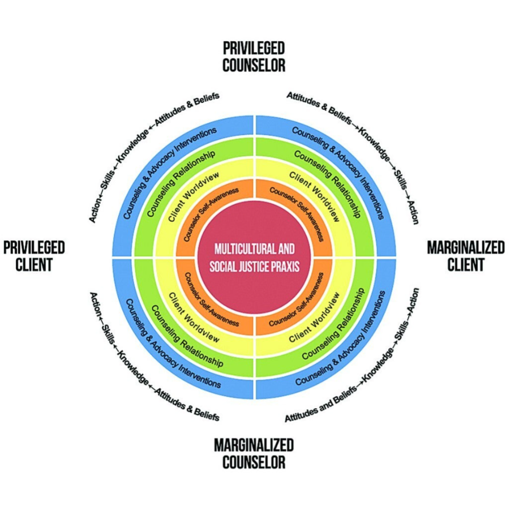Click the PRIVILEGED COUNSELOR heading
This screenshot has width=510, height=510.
pos(254,57)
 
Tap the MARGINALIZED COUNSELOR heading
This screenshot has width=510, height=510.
pos(254,453)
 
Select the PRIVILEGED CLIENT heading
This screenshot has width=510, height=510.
pos(34,256)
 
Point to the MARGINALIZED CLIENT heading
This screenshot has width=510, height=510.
pos(465,256)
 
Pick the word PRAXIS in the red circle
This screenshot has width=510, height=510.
pos(284,266)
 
